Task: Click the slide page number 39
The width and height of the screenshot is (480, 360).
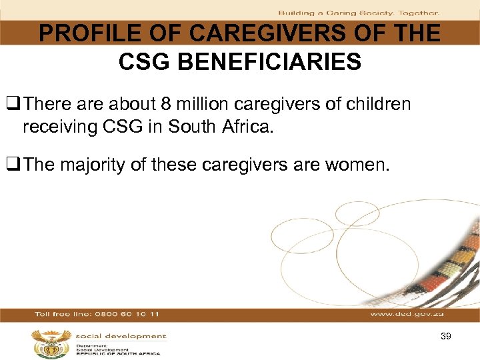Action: [446, 337]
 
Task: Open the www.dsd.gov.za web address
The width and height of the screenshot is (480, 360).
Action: [407, 314]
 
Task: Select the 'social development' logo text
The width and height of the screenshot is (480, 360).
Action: [120, 336]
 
